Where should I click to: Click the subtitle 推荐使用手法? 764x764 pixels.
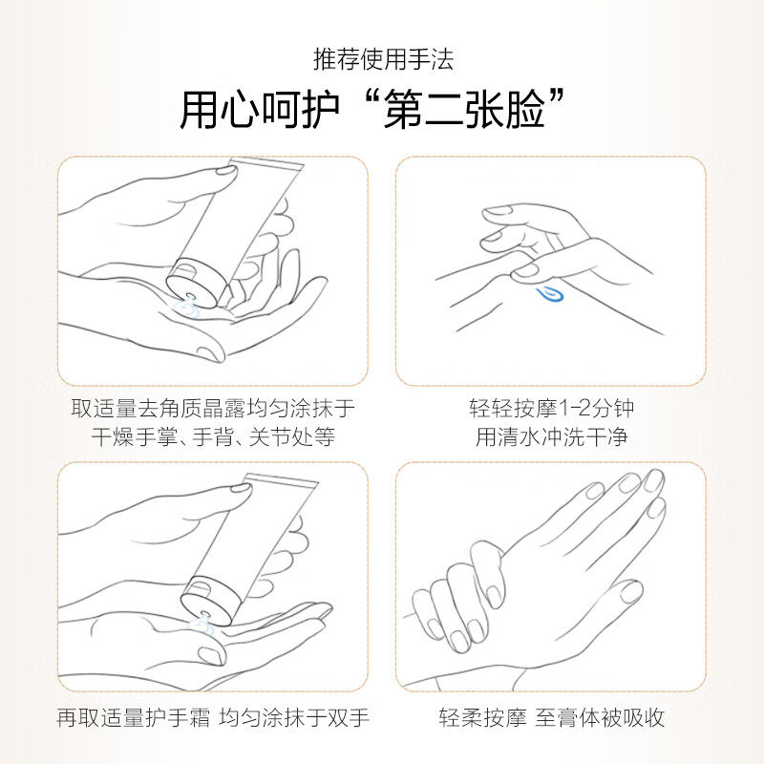coord(383,59)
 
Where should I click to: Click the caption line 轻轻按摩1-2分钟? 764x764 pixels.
coord(551,409)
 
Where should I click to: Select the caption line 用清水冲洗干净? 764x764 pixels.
coord(551,438)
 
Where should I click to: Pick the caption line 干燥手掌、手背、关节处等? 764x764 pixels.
coord(213,438)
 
